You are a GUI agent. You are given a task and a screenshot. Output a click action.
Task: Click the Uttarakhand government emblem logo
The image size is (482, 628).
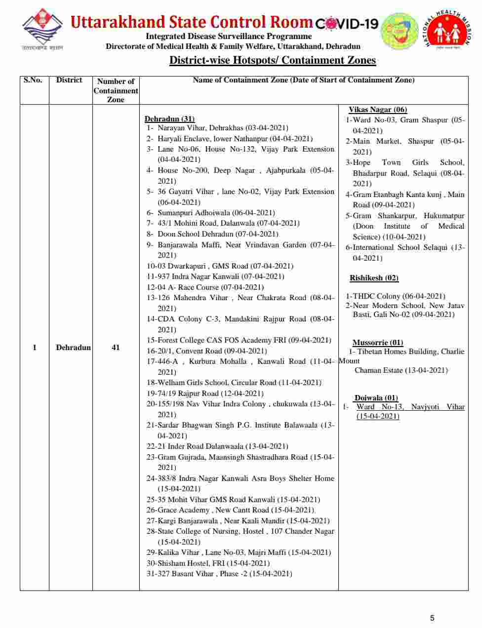[x=42, y=29]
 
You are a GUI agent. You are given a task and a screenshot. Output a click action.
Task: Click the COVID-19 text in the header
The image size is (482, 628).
[x=347, y=23]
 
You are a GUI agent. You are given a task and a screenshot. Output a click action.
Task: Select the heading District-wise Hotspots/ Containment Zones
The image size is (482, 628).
[x=273, y=60]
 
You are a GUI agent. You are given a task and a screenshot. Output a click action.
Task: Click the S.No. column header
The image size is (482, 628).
[x=33, y=80]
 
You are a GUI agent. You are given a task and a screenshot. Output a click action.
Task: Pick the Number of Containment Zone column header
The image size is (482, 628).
[x=116, y=90]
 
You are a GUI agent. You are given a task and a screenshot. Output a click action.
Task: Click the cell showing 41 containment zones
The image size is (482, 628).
[x=116, y=348]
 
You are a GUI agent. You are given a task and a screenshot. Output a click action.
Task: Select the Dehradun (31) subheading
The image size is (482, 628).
[x=169, y=118]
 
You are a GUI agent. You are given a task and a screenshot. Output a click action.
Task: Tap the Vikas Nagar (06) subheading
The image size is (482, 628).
[x=378, y=110]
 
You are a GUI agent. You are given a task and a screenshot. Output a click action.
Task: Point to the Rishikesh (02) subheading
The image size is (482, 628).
[x=374, y=278]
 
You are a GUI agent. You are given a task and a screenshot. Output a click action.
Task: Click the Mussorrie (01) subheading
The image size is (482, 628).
[x=377, y=343]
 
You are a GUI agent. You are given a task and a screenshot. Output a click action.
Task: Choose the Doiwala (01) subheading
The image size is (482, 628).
[x=376, y=398]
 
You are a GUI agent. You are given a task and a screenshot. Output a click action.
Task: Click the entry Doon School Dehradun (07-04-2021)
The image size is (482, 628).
[x=217, y=234]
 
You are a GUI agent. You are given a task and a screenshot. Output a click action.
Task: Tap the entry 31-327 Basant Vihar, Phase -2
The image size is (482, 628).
[x=219, y=574]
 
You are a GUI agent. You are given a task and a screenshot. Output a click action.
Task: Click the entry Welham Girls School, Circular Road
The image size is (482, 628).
[x=234, y=383]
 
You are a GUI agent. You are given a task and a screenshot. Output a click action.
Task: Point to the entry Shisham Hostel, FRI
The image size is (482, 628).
[x=208, y=563]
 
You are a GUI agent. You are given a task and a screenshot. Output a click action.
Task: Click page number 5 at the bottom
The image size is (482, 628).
[x=432, y=618]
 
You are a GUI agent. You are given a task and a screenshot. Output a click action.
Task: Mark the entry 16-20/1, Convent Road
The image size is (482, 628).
[x=206, y=351]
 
